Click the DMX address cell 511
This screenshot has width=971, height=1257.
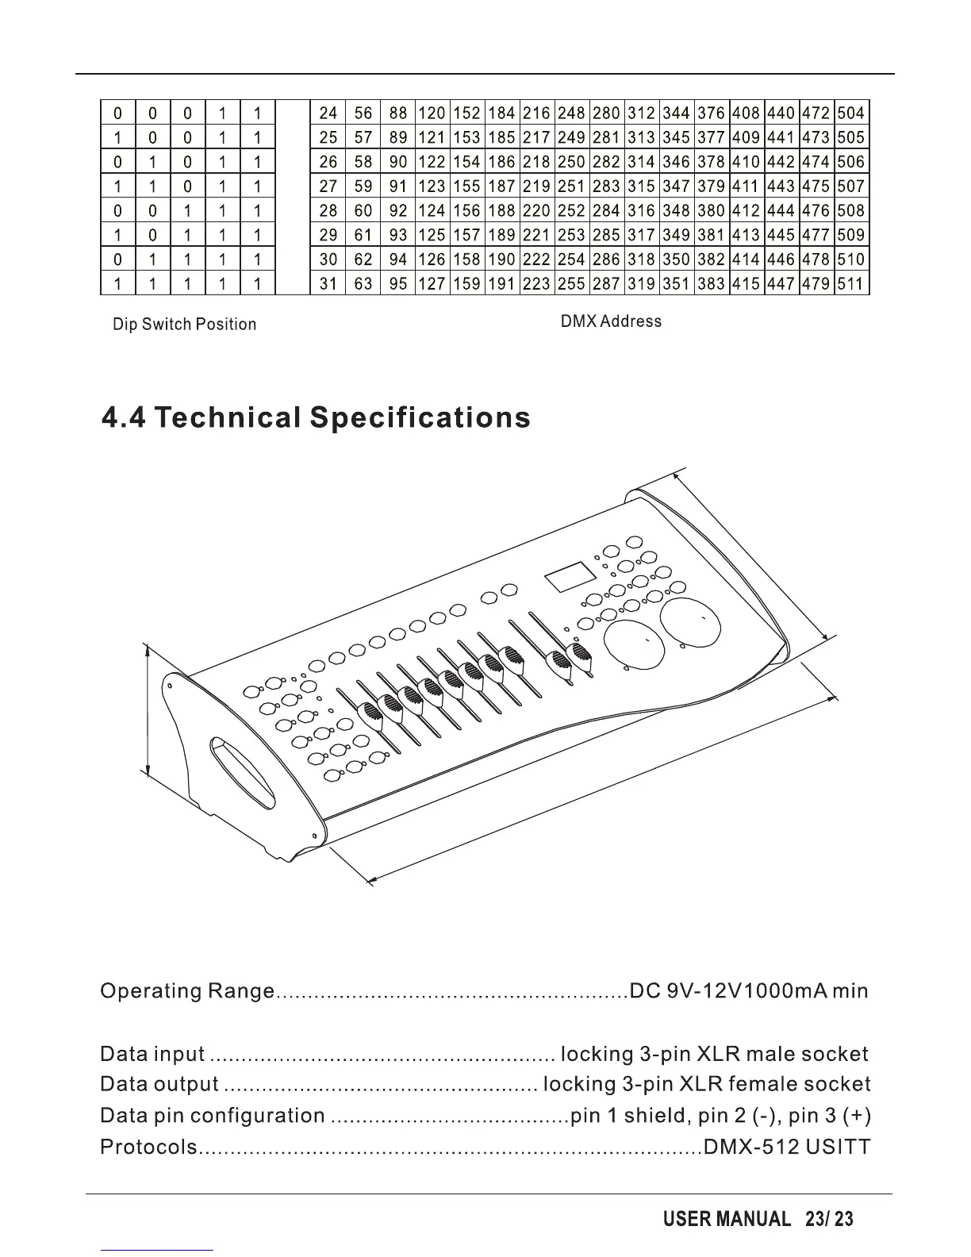(851, 283)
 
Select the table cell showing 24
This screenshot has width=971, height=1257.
(328, 113)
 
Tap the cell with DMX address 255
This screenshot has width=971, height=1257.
(571, 283)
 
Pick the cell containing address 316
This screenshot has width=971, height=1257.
(641, 211)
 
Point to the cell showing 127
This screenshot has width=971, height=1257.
(432, 283)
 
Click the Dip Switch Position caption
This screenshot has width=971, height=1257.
(184, 325)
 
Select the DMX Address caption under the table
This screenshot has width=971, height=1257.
(610, 321)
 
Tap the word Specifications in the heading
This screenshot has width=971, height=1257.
(420, 417)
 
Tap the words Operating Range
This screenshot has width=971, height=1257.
(187, 991)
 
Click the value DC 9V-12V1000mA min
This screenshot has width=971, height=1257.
(748, 991)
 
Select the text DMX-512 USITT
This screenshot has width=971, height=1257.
(786, 1147)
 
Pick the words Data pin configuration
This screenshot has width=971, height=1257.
(212, 1117)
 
